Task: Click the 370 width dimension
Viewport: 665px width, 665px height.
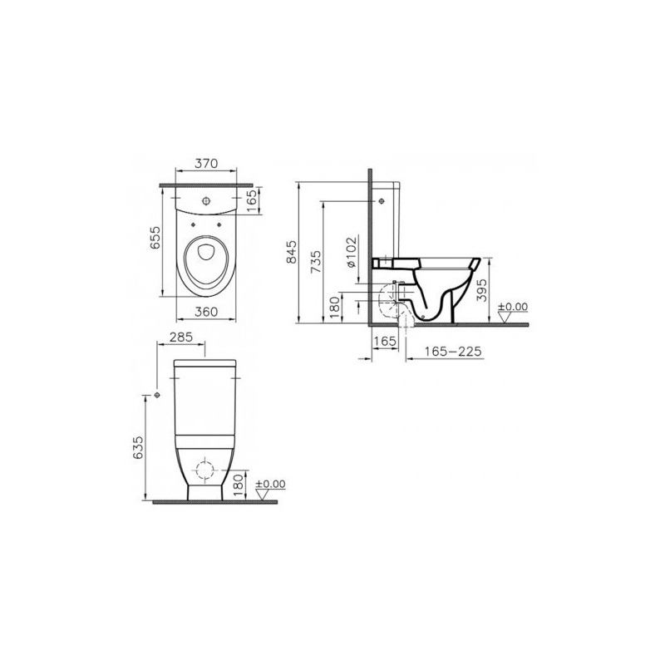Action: point(205,163)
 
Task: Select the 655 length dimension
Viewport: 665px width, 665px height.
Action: point(155,239)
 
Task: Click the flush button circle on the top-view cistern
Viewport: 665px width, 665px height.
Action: point(206,199)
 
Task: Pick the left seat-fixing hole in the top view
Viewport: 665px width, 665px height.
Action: point(194,224)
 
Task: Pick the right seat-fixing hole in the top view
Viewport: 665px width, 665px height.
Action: point(219,224)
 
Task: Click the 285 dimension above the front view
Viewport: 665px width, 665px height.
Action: point(181,337)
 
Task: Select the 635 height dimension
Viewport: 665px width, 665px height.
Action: point(138,447)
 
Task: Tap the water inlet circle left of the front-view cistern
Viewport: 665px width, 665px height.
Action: point(157,396)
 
